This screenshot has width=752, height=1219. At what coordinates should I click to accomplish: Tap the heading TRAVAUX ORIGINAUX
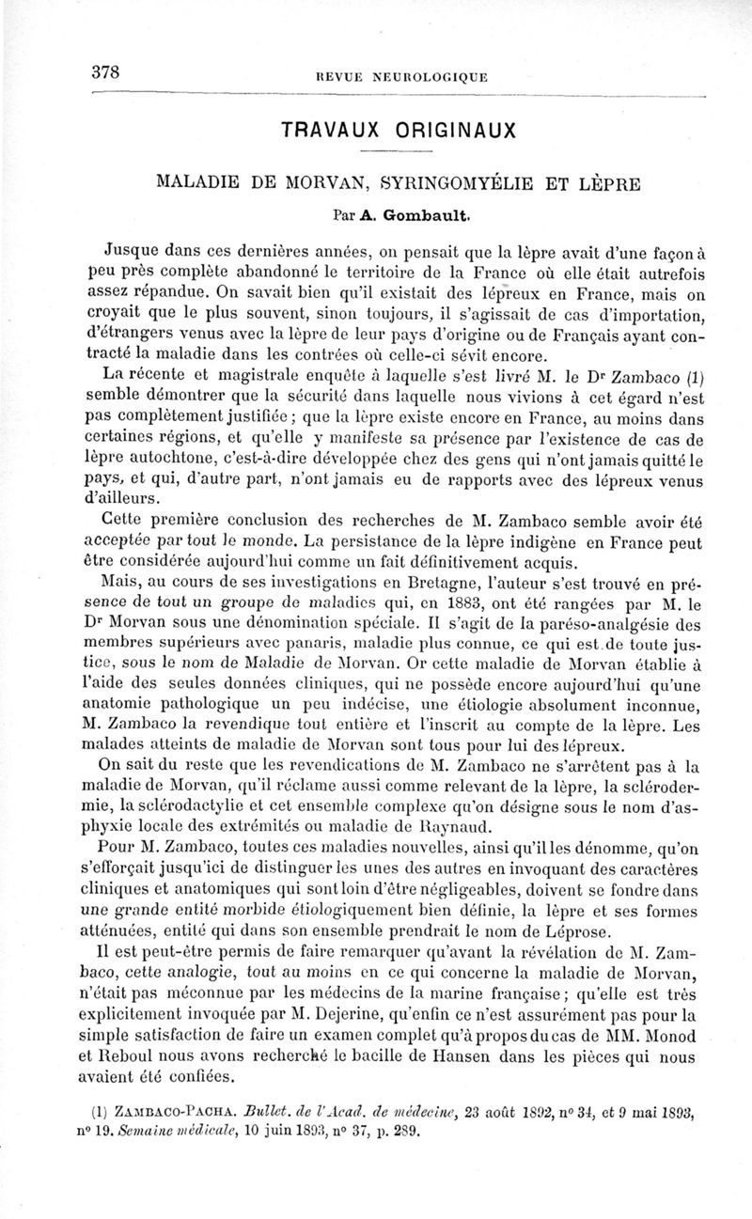399,129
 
